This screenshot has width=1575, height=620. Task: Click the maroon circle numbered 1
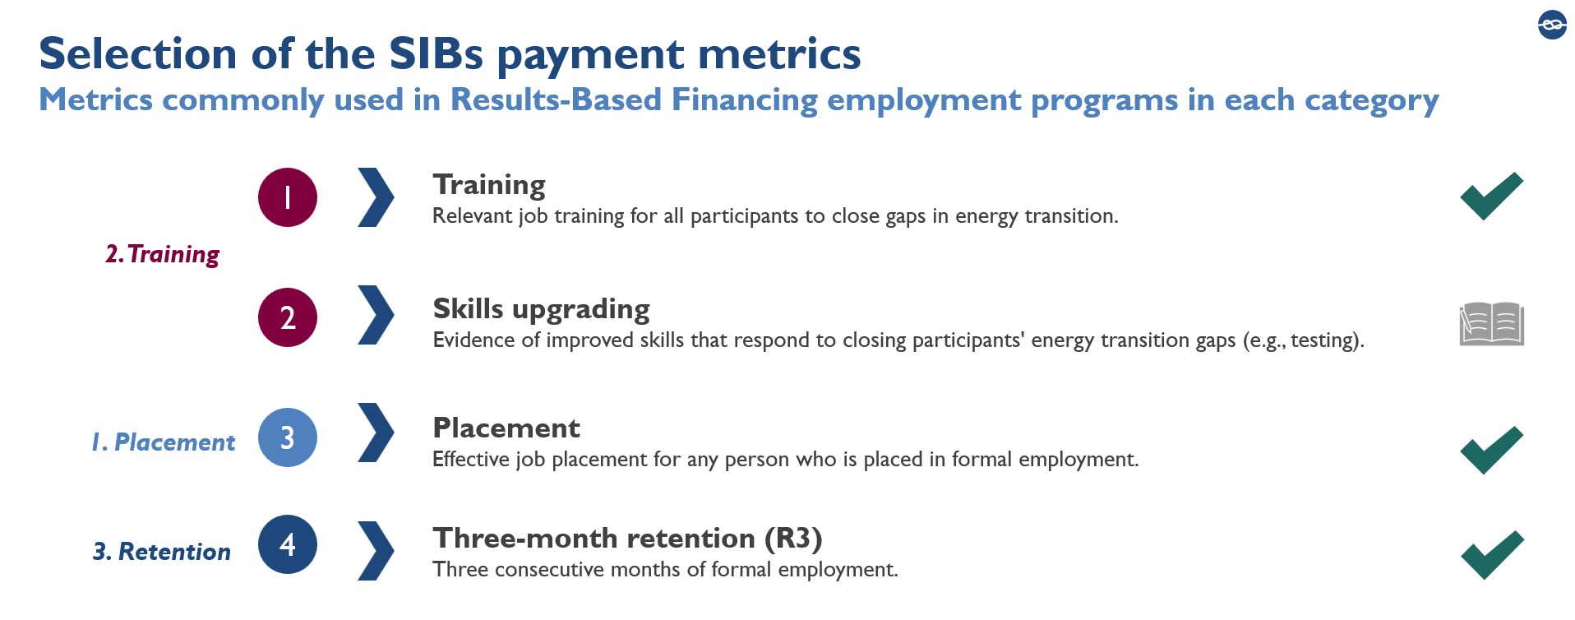(288, 197)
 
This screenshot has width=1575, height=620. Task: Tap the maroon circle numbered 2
(288, 317)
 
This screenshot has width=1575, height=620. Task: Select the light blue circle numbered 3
(288, 437)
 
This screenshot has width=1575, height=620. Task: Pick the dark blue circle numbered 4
(288, 544)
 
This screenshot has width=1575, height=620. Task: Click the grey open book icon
(1492, 324)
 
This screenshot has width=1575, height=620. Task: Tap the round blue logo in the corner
(1552, 25)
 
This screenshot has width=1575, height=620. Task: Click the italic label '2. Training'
(163, 255)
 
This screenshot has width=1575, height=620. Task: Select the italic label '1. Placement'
(163, 442)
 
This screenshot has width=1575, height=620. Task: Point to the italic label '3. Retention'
(162, 552)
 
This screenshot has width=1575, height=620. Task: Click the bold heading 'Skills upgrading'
(542, 310)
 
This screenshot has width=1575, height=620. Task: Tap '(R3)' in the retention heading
(793, 539)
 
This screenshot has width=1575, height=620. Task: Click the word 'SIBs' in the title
(436, 54)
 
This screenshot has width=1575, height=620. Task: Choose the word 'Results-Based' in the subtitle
(557, 99)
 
